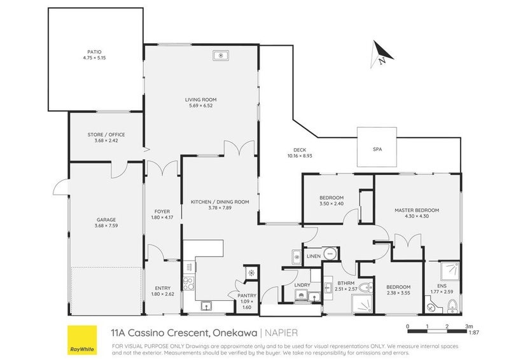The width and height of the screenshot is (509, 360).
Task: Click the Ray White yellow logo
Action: tap(82, 341)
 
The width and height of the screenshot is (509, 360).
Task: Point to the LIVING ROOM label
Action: tap(201, 99)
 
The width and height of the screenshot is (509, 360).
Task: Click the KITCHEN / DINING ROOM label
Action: tap(220, 202)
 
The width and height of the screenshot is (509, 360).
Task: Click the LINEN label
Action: tap(313, 256)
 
